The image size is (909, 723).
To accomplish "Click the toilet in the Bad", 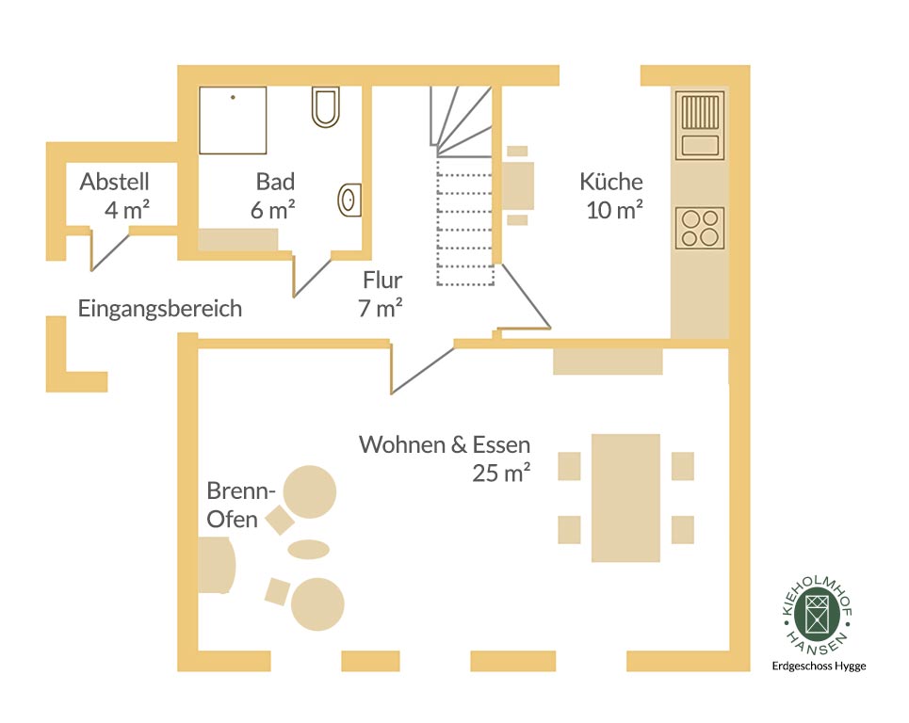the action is coord(325,107).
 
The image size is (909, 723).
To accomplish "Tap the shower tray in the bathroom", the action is coord(233,120).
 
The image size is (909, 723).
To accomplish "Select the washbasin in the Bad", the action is coord(349,200).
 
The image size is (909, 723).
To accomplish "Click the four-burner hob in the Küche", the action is coord(700,228).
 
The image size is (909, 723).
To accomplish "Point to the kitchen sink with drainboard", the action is coord(700,125).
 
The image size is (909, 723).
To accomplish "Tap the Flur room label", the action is coord(382,281).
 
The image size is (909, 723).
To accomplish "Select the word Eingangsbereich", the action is coord(160,309).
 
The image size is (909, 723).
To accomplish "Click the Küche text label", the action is coord(611,182).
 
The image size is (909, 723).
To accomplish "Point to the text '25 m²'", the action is coord(501,474).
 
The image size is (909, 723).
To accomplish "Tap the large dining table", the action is coord(625,498).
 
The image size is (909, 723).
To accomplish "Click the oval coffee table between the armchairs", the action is coord(308,549).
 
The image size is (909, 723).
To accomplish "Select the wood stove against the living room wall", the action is coord(217,566).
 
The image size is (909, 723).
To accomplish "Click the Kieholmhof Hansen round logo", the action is coord(818,614).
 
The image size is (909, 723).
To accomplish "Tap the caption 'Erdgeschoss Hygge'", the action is coord(819,667).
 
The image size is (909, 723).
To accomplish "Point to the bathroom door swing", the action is coord(312,277).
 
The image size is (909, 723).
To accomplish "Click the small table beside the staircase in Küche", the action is coord(517,185).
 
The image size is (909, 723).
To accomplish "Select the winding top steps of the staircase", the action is coord(461,121).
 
